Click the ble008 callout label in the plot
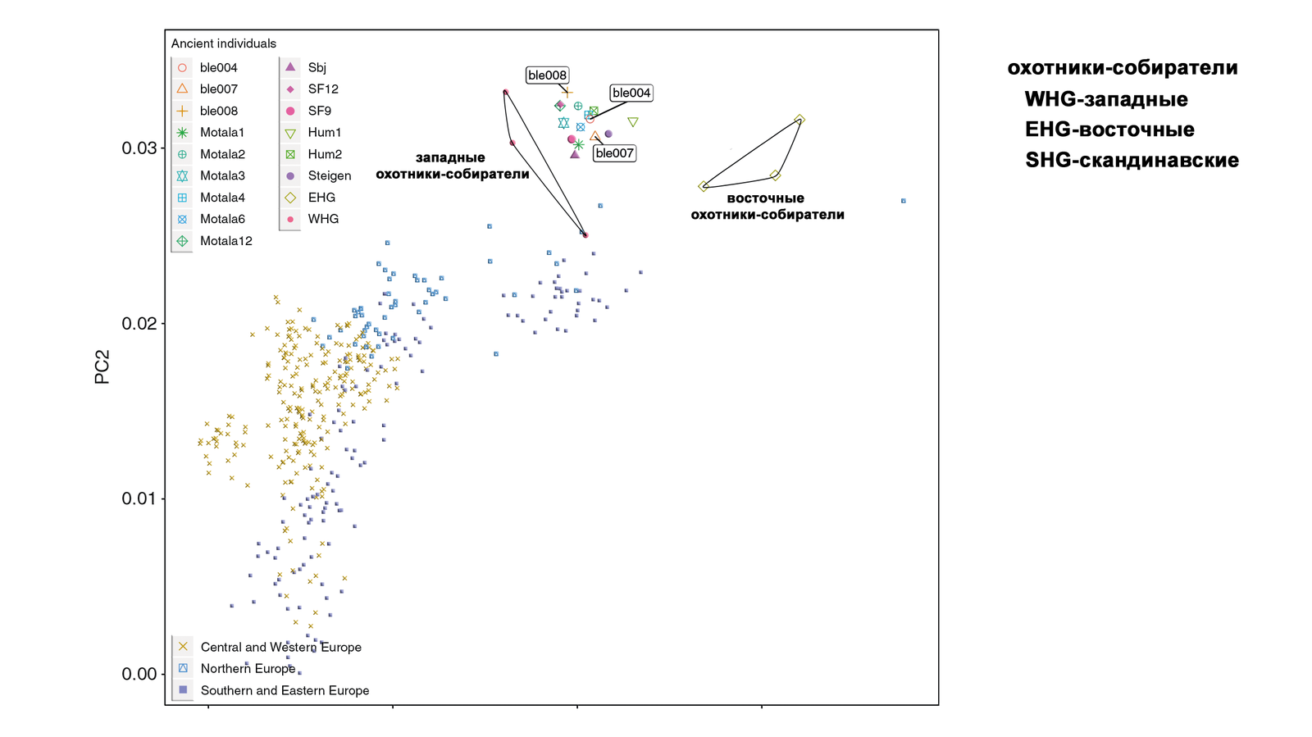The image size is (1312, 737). pyautogui.click(x=547, y=75)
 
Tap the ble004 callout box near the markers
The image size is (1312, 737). pyautogui.click(x=631, y=93)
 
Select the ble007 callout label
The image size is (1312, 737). pyautogui.click(x=613, y=153)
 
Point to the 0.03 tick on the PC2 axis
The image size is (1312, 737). pyautogui.click(x=139, y=148)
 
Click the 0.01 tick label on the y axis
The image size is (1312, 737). pyautogui.click(x=139, y=498)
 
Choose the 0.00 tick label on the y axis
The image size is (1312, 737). pyautogui.click(x=139, y=674)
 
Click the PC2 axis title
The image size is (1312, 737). pyautogui.click(x=102, y=367)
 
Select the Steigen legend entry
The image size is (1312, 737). pyautogui.click(x=329, y=175)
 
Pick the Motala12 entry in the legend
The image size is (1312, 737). pyautogui.click(x=225, y=241)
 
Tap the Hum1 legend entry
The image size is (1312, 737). pyautogui.click(x=324, y=132)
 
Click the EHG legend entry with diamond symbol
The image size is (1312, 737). pyautogui.click(x=321, y=198)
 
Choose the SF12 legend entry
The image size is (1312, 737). pyautogui.click(x=322, y=89)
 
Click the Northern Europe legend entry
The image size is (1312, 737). pyautogui.click(x=247, y=668)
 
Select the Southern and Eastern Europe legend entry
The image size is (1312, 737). pyautogui.click(x=284, y=690)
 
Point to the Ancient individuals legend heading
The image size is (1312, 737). pyautogui.click(x=223, y=43)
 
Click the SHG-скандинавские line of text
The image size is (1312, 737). pyautogui.click(x=1132, y=160)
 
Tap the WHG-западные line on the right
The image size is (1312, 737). pyautogui.click(x=1106, y=99)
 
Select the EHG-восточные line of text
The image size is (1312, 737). pyautogui.click(x=1109, y=130)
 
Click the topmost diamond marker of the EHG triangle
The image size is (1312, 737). pyautogui.click(x=799, y=120)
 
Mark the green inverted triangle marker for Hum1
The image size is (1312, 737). pyautogui.click(x=633, y=122)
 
